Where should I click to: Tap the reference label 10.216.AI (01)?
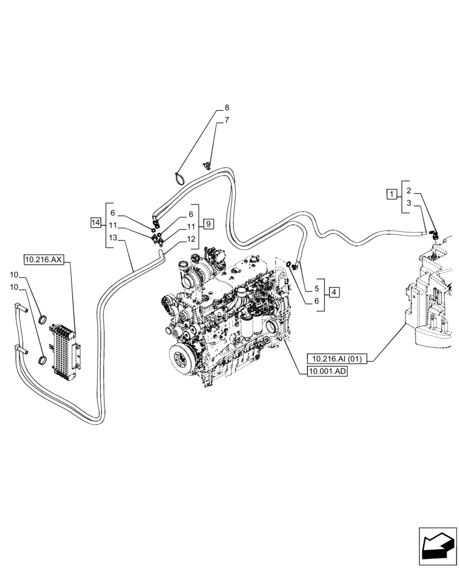[337, 358]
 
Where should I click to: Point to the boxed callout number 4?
[334, 292]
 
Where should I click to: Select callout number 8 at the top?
[227, 107]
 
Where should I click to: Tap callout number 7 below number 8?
[227, 120]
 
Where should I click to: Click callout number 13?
[112, 239]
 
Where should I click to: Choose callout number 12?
[191, 239]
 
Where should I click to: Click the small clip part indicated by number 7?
[208, 165]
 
